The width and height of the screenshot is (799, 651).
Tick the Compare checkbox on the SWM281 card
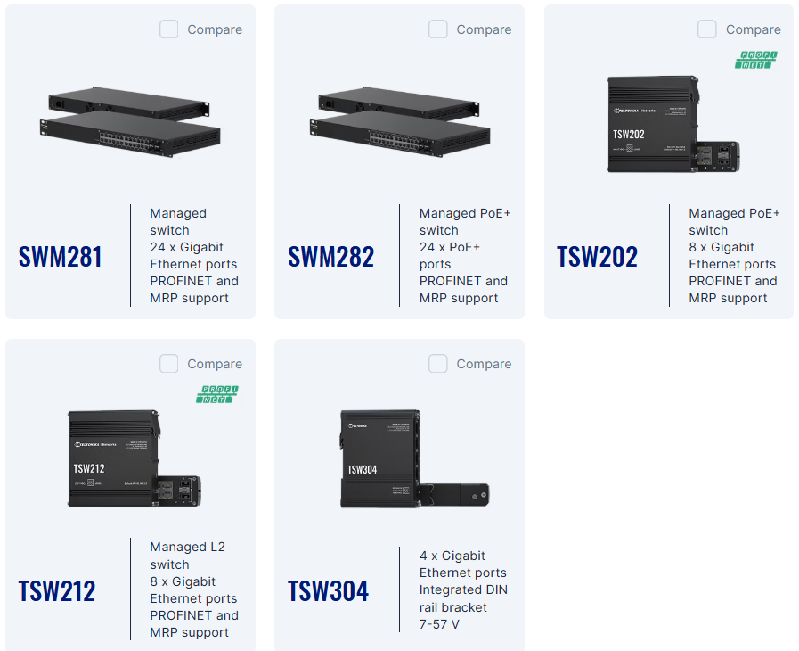169,29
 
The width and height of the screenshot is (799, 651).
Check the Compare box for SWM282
438,29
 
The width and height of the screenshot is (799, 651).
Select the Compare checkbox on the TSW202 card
707,29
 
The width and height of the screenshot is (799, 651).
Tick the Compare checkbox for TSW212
169,364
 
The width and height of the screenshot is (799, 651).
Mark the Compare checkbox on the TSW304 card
438,364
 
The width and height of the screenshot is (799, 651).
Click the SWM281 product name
61,257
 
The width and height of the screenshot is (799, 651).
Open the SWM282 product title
330,257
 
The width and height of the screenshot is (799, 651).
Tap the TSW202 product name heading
598,257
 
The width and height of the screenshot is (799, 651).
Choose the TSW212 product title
57,591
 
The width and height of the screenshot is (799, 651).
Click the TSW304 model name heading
328,591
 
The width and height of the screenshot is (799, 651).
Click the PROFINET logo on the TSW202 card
756,60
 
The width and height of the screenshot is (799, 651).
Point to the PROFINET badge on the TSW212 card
217,394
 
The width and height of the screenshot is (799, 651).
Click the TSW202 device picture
668,125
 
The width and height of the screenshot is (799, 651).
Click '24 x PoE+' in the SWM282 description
450,247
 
